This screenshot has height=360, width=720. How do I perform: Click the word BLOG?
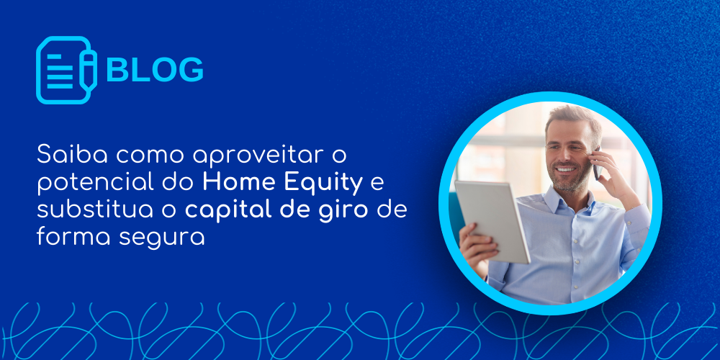pyautogui.click(x=155, y=70)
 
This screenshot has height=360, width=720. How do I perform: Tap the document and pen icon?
pyautogui.click(x=66, y=70)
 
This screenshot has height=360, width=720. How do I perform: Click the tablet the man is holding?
pyautogui.click(x=492, y=221)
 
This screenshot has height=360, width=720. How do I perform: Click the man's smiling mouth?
pyautogui.click(x=565, y=169)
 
